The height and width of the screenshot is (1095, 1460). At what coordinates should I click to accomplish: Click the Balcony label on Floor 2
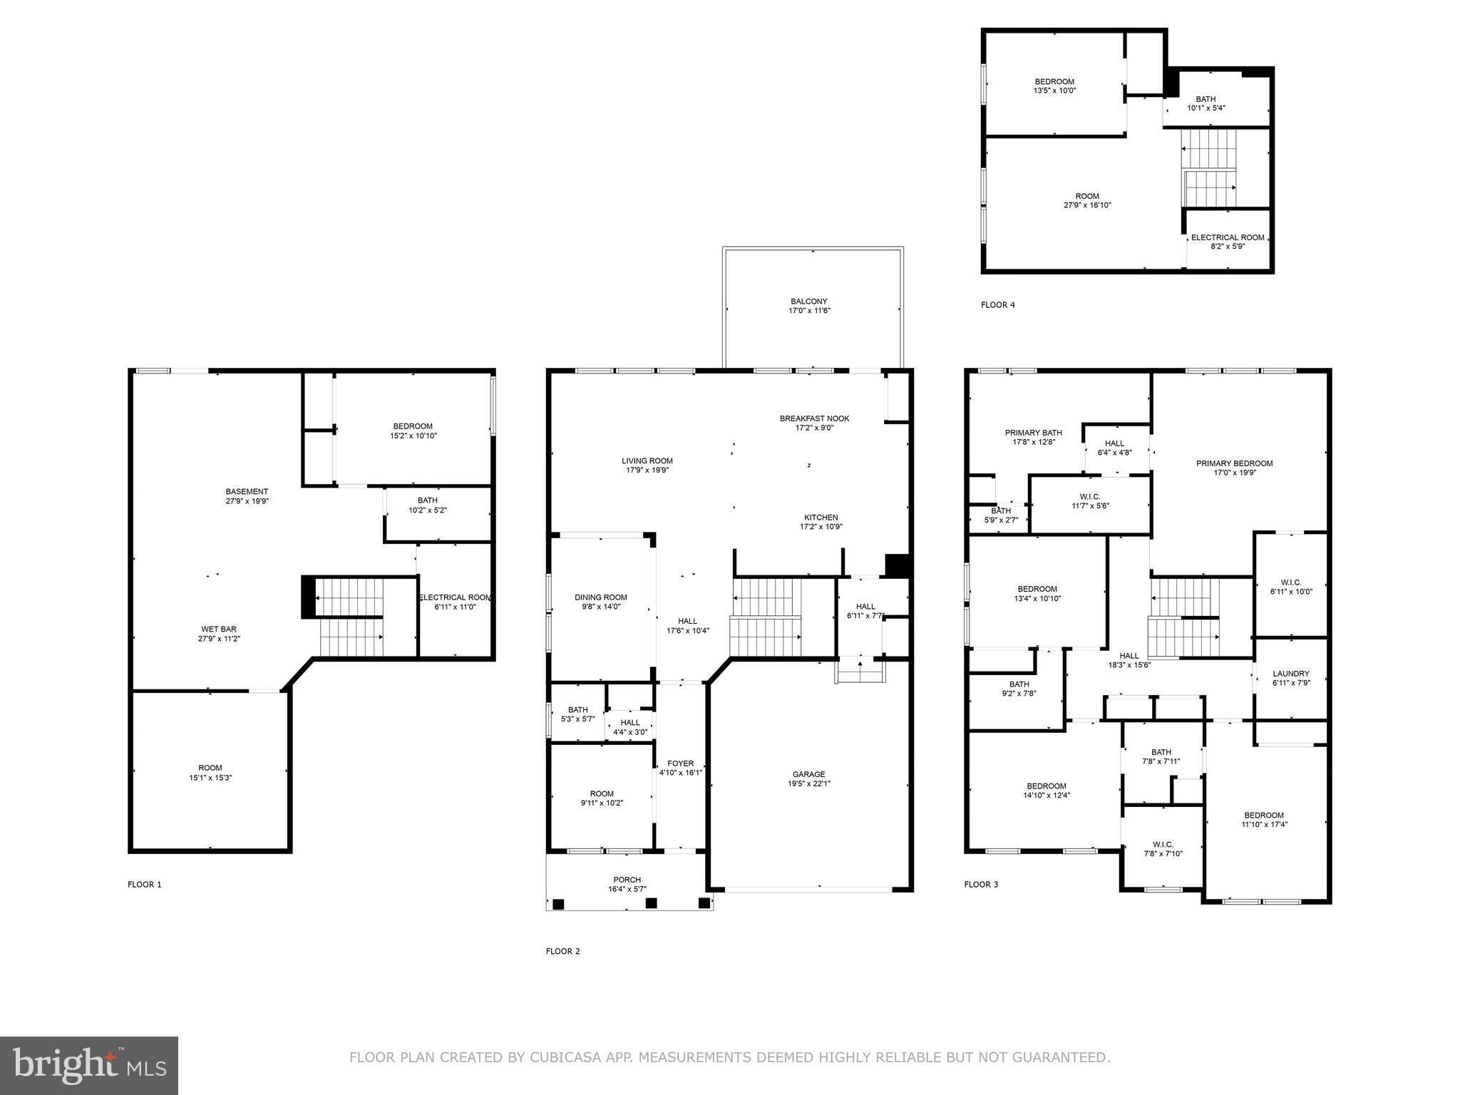(x=808, y=302)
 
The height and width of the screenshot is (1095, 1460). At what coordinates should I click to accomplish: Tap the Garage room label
(x=808, y=774)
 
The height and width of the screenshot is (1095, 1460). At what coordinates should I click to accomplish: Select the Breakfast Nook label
(x=814, y=418)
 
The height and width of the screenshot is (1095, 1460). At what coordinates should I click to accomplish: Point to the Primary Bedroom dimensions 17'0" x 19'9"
(x=1234, y=472)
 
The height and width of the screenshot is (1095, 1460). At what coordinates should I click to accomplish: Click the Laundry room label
(x=1290, y=674)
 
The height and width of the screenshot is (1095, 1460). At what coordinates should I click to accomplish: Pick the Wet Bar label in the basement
(x=218, y=629)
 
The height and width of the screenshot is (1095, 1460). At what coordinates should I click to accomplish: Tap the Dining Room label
(x=600, y=597)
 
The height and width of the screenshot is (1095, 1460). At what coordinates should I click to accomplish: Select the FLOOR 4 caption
(x=997, y=305)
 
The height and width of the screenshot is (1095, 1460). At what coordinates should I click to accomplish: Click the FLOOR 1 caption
(x=145, y=885)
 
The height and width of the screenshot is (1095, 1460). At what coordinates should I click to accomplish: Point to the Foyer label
(x=680, y=764)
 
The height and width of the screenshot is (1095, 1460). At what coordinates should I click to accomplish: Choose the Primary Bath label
(x=1033, y=433)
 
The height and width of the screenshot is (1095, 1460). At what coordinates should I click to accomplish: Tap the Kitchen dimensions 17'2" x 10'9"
(x=821, y=527)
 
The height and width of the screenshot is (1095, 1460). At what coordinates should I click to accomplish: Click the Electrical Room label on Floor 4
(x=1227, y=237)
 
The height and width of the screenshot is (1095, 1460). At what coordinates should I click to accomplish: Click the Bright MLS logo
(x=89, y=1065)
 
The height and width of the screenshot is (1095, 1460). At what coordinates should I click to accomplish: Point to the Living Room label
(x=647, y=461)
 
